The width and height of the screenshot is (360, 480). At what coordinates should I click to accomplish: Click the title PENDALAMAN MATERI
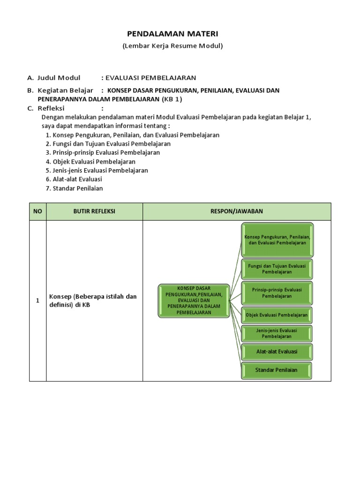click(x=172, y=34)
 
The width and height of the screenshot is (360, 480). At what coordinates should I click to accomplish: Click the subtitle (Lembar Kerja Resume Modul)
click(x=172, y=46)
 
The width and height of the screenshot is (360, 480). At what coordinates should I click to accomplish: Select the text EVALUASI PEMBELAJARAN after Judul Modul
click(x=151, y=78)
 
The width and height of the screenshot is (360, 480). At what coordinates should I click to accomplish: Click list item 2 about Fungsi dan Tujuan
click(x=108, y=144)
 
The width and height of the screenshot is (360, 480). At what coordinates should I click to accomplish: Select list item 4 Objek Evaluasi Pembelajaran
click(x=90, y=162)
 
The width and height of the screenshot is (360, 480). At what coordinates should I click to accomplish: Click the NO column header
click(x=37, y=211)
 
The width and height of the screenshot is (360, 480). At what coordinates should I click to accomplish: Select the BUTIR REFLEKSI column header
click(x=94, y=211)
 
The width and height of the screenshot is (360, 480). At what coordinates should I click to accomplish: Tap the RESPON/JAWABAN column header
click(x=237, y=211)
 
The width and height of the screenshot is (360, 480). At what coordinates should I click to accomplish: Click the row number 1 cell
click(x=37, y=300)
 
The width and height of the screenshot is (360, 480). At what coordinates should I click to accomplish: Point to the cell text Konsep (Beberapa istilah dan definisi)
click(x=93, y=300)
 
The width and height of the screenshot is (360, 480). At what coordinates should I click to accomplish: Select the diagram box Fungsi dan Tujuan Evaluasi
click(x=277, y=269)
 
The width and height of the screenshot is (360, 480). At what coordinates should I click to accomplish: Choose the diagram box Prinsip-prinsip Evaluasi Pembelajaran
click(x=277, y=293)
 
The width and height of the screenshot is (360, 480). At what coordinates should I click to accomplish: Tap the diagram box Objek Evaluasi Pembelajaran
click(x=277, y=315)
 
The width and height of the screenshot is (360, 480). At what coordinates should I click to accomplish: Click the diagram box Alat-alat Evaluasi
click(x=277, y=352)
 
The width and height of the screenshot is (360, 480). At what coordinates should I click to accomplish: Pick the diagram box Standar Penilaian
click(x=277, y=370)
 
